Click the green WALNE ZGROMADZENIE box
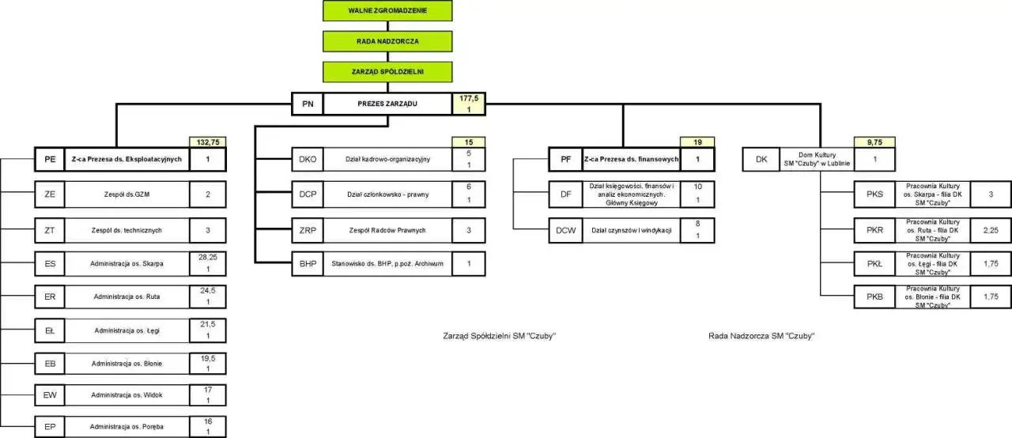[387, 11]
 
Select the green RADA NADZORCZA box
[387, 40]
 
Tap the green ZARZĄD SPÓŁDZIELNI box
[387, 71]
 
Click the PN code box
[308, 104]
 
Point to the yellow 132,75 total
[208, 142]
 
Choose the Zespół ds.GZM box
[126, 194]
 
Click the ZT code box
[50, 230]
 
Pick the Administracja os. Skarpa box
[126, 262]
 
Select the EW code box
[50, 395]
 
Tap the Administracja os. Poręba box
[126, 427]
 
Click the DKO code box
[308, 159]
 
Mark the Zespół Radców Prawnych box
[387, 230]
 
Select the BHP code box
[308, 263]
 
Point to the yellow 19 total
[697, 142]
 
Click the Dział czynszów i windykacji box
[631, 230]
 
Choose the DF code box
[566, 194]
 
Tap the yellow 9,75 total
[875, 142]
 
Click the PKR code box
[874, 230]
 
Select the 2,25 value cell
[991, 230]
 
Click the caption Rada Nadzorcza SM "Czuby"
[761, 336]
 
